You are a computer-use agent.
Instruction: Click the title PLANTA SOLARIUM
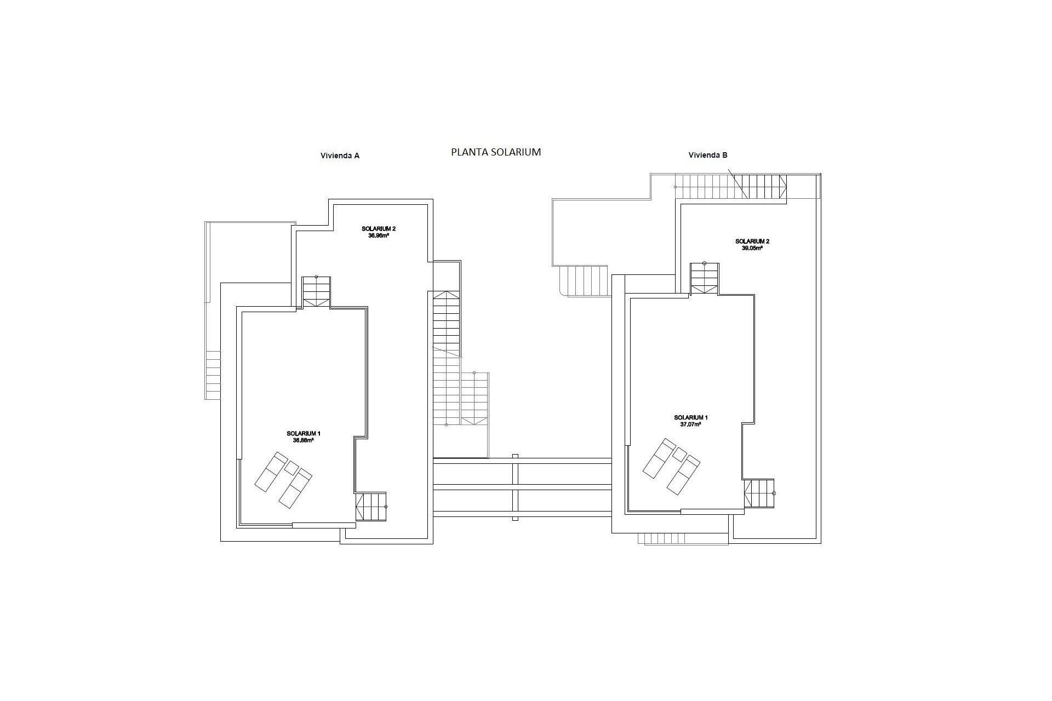tap(496, 152)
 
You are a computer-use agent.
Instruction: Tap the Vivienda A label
tap(340, 156)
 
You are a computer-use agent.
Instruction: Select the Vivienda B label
tap(708, 155)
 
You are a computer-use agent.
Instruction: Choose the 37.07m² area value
tap(691, 424)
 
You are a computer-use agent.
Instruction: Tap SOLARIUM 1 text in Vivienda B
tap(691, 417)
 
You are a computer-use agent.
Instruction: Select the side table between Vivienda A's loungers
tap(291, 467)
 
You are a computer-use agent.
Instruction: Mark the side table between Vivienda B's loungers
tap(679, 453)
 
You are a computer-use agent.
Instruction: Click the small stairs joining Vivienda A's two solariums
tap(317, 292)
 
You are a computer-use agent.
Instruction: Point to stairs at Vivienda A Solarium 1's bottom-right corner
tap(371, 507)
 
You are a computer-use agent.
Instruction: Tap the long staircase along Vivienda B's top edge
tap(730, 186)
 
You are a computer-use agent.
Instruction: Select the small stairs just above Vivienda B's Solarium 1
tap(704, 278)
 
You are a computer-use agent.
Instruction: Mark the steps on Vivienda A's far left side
tap(213, 375)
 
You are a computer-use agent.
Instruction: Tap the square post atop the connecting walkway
tap(515, 456)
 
